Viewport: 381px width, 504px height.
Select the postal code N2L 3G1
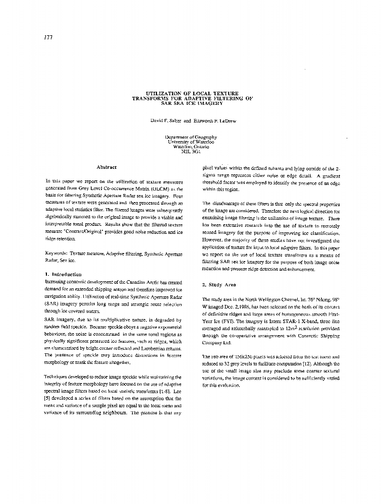191,151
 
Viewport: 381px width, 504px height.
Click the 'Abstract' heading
106,167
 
